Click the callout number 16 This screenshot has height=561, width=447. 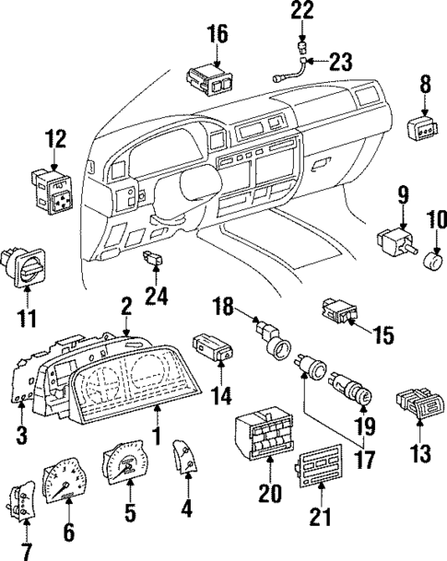[x=217, y=34]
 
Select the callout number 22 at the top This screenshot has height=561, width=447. [x=302, y=11]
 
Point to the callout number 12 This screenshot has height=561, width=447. [x=56, y=140]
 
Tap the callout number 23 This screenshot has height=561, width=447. [x=341, y=63]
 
